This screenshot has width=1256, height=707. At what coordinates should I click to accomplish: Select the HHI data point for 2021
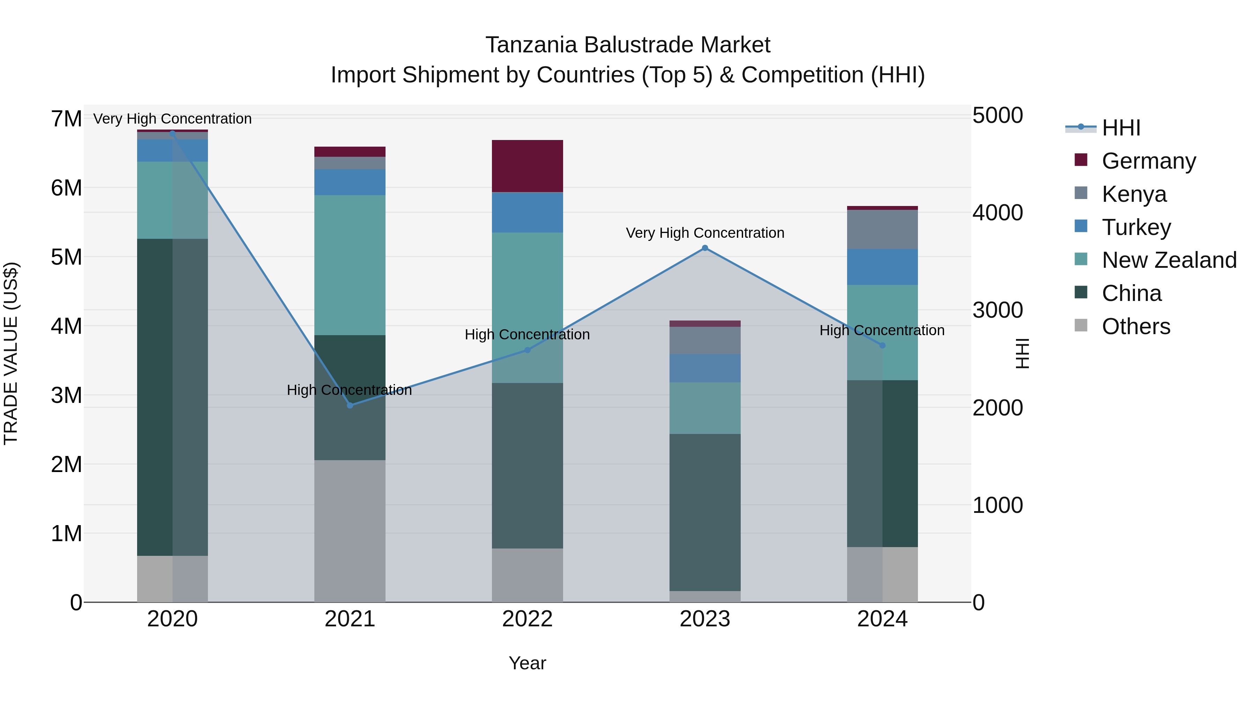click(x=350, y=405)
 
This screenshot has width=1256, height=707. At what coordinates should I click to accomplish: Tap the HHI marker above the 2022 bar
click(x=527, y=350)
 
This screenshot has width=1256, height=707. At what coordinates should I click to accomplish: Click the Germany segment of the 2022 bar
click(x=527, y=166)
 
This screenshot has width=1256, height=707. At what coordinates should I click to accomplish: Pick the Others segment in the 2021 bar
click(x=350, y=531)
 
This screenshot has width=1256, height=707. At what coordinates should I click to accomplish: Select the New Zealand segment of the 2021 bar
click(x=350, y=265)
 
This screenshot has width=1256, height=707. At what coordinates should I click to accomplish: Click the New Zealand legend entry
click(x=1169, y=260)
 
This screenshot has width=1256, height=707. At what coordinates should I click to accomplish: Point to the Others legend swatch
click(x=1081, y=326)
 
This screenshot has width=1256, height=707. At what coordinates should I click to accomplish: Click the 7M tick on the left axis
click(x=66, y=119)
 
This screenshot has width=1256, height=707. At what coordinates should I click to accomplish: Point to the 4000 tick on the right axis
click(x=997, y=213)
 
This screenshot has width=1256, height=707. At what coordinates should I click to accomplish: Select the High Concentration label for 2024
click(x=882, y=330)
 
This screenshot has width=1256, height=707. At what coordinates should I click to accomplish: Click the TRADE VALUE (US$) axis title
click(x=11, y=353)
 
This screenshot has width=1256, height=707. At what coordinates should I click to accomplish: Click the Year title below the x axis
click(x=527, y=663)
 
